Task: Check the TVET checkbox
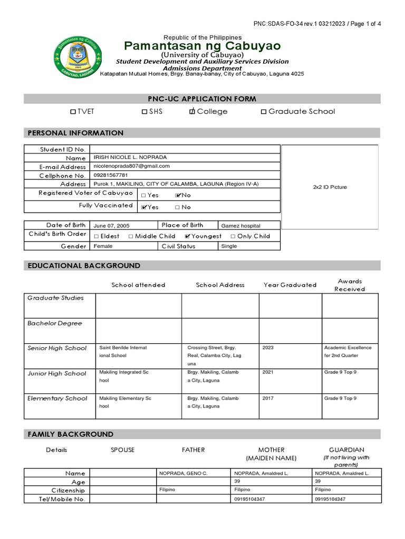(x=73, y=112)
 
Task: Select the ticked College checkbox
(x=192, y=112)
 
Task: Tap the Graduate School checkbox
(x=264, y=112)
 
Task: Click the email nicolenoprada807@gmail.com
(x=131, y=166)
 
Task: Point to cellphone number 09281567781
(x=111, y=175)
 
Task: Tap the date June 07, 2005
(x=111, y=226)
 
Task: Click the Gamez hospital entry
(x=240, y=226)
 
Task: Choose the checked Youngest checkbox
(x=188, y=236)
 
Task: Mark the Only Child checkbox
(x=234, y=236)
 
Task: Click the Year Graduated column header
(x=290, y=285)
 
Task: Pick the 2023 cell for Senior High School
(x=268, y=348)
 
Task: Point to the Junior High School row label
(x=56, y=373)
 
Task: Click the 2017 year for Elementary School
(x=268, y=398)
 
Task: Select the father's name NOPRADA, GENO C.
(x=184, y=473)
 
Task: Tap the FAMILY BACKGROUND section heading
(x=70, y=434)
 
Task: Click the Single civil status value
(x=229, y=246)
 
